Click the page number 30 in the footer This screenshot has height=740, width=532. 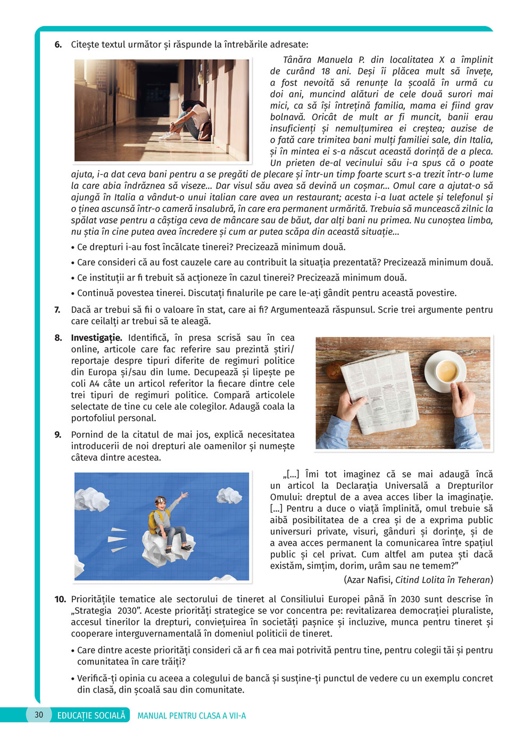click(x=39, y=714)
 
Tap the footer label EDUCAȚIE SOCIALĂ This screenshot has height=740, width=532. click(x=91, y=715)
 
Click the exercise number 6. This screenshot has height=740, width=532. click(x=58, y=45)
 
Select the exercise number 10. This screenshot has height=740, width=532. click(x=60, y=599)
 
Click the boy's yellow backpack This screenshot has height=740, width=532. click(x=154, y=522)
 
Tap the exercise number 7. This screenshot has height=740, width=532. click(x=58, y=310)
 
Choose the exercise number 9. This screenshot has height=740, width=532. click(x=58, y=435)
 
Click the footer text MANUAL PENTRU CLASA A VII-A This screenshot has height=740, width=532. click(x=192, y=716)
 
